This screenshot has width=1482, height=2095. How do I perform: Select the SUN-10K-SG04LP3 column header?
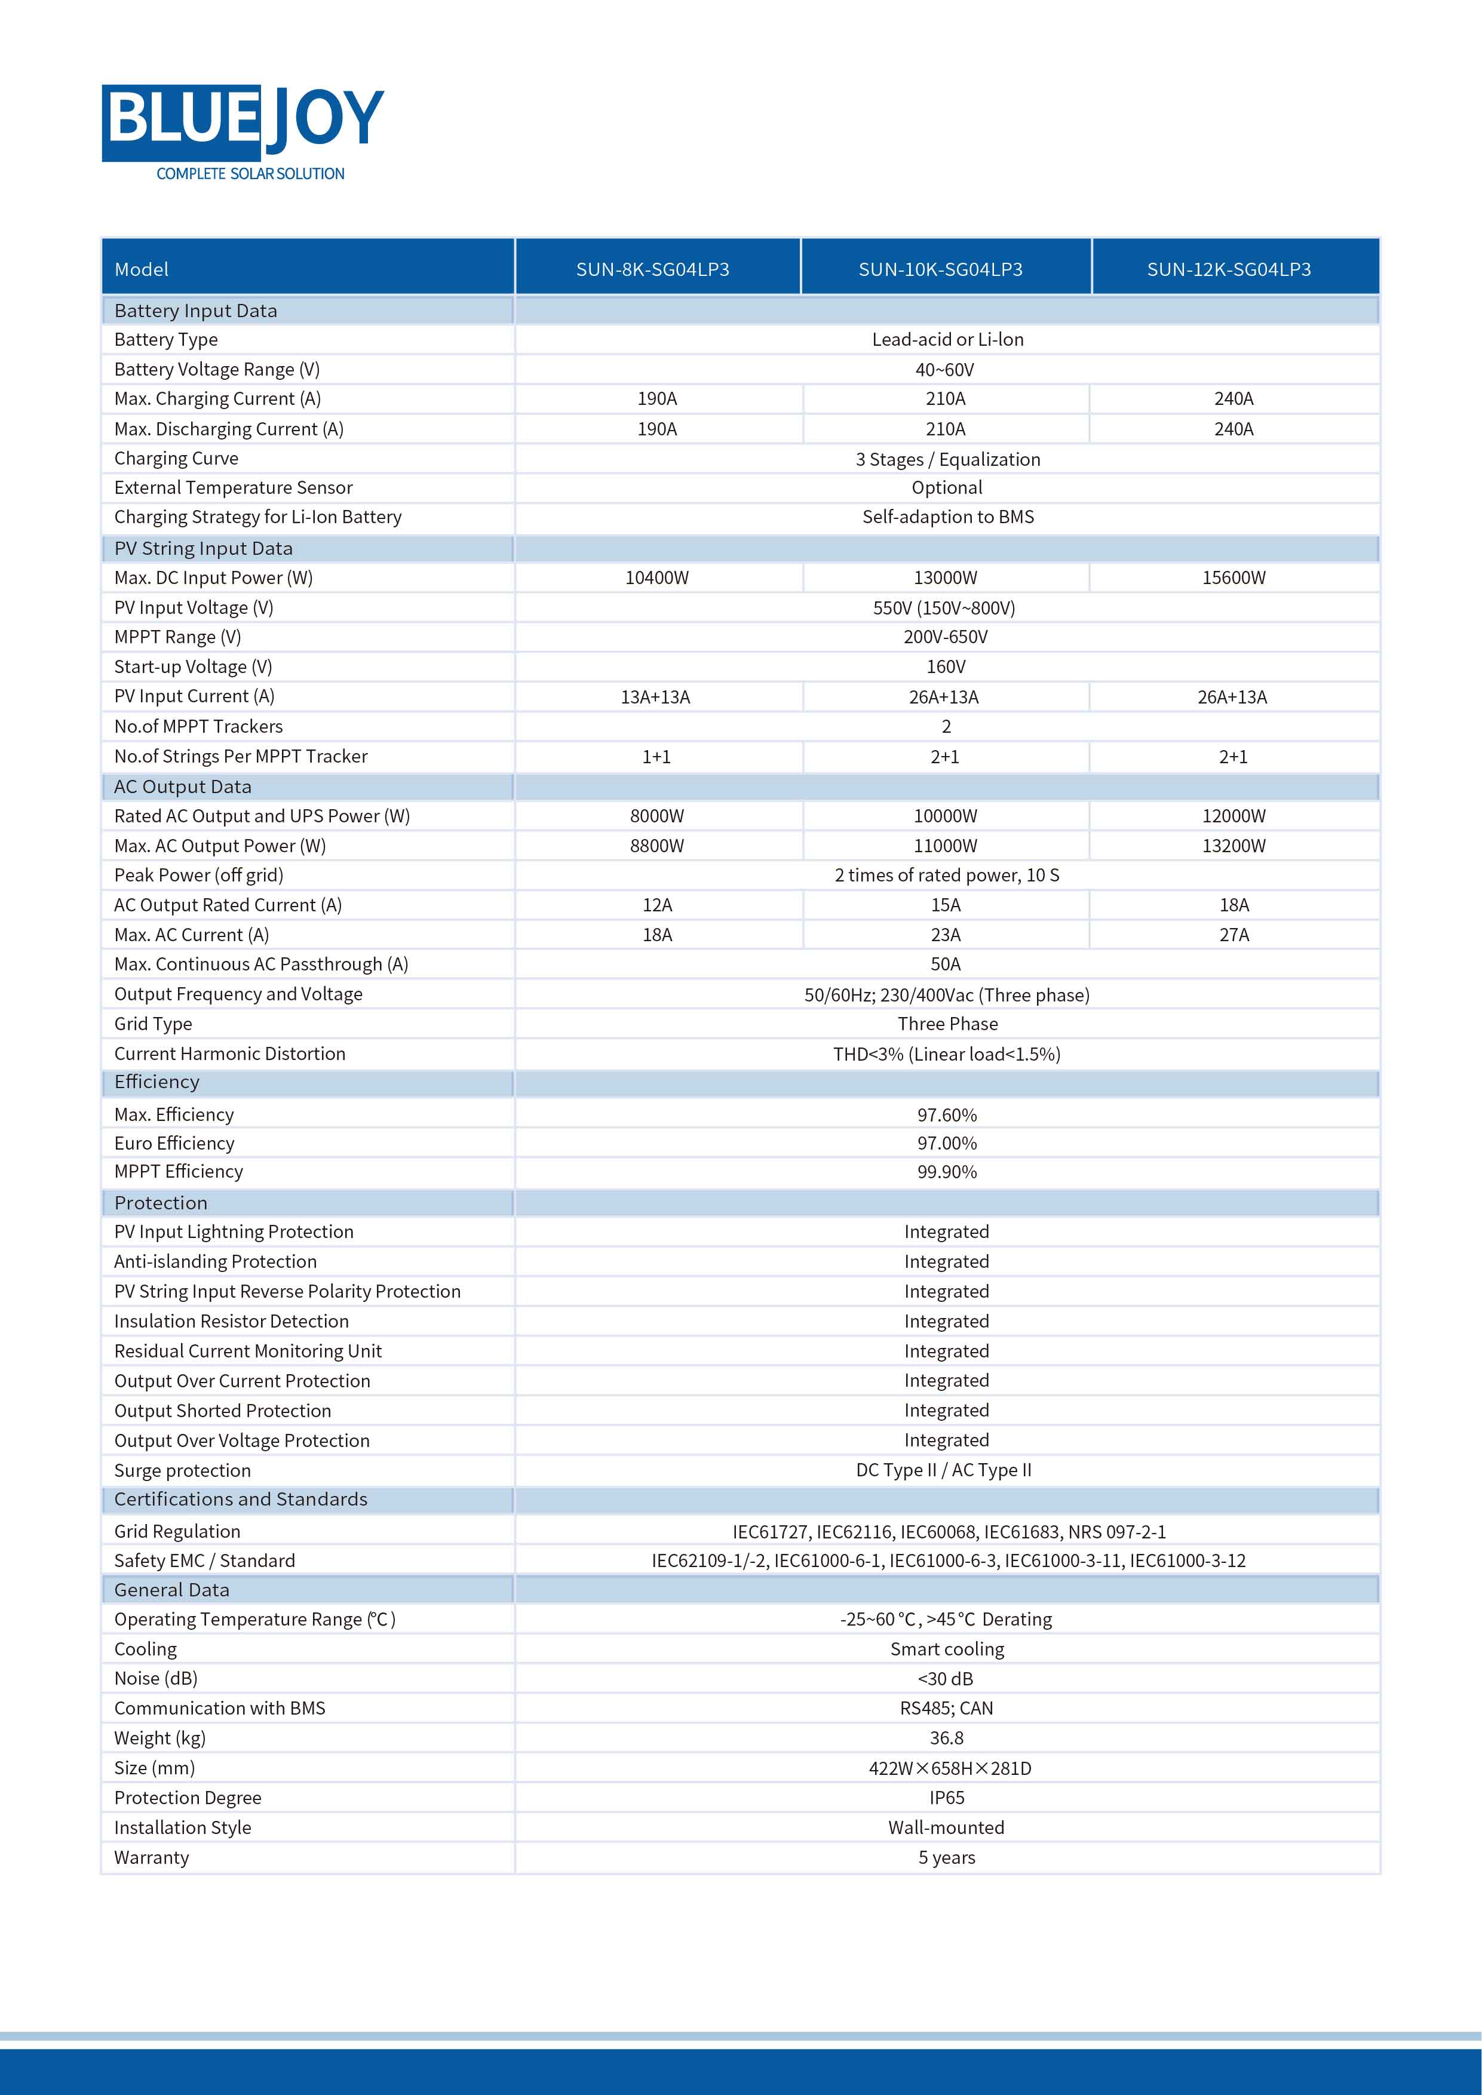click(940, 269)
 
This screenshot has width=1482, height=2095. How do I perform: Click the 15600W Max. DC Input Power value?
click(1233, 577)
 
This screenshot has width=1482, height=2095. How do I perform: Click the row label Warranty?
click(152, 1858)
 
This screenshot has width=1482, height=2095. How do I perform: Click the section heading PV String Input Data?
click(204, 548)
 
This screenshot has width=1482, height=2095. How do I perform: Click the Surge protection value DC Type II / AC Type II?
click(944, 1470)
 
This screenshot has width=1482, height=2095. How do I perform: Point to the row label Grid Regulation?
click(177, 1531)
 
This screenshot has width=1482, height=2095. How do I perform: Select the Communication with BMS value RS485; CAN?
click(946, 1708)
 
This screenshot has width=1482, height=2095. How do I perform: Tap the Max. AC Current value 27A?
click(1234, 935)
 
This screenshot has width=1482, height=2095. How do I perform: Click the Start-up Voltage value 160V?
click(946, 667)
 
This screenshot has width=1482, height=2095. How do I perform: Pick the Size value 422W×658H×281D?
click(949, 1768)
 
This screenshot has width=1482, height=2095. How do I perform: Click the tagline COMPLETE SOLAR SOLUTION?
click(250, 173)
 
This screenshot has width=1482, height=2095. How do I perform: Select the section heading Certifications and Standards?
click(241, 1499)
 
